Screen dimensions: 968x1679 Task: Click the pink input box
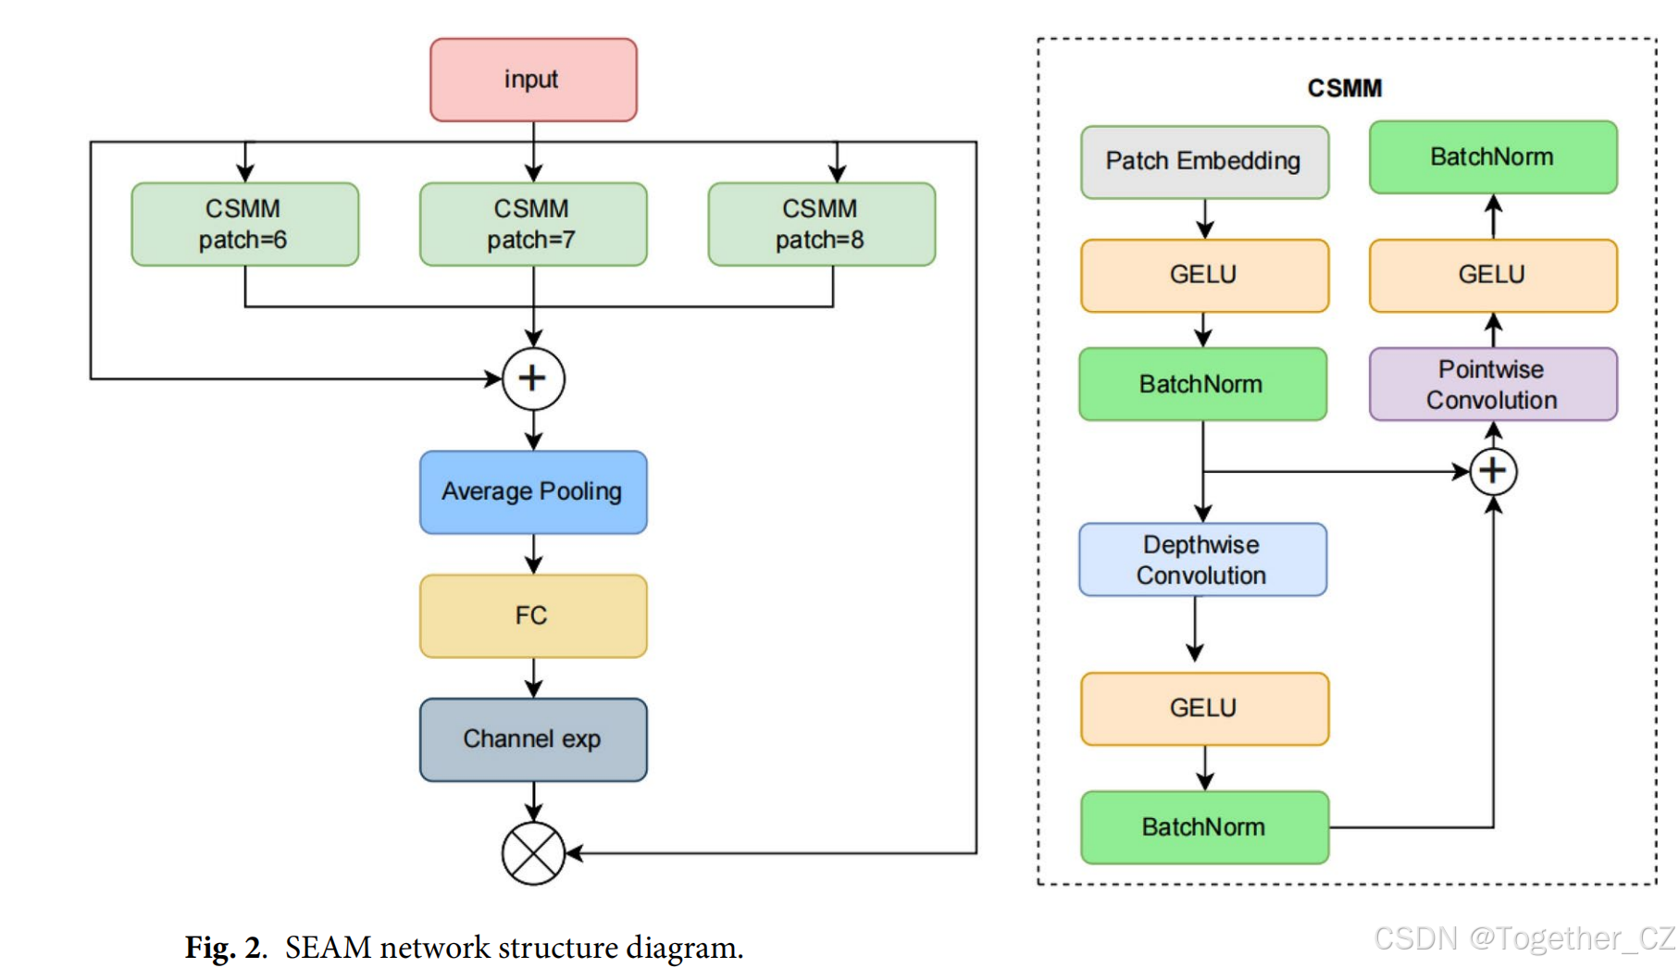point(533,80)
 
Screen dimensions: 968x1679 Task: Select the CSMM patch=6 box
point(244,224)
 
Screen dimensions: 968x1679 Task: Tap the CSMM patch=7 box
point(533,224)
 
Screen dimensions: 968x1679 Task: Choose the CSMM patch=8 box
point(821,224)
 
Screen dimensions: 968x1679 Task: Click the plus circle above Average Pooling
point(533,379)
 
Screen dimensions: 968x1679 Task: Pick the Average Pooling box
point(533,491)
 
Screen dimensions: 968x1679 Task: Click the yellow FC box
point(533,615)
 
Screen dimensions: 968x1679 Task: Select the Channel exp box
point(533,739)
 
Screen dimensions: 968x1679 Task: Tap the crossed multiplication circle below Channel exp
point(533,853)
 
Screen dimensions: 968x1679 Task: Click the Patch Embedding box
point(1204,162)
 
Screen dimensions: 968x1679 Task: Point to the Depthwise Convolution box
point(1202,560)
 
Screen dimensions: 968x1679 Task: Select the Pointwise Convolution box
point(1492,384)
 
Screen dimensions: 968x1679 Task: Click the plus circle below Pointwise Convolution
point(1493,471)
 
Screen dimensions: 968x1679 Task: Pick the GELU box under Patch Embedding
point(1204,275)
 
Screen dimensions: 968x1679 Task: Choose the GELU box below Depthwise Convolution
point(1204,708)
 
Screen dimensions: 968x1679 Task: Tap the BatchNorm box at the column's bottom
point(1204,827)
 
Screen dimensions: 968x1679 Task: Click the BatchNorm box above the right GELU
point(1492,157)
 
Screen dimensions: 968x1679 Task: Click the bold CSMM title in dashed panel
point(1344,88)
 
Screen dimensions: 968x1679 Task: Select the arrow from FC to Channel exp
point(533,677)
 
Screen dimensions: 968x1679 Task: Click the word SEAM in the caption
point(328,948)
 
